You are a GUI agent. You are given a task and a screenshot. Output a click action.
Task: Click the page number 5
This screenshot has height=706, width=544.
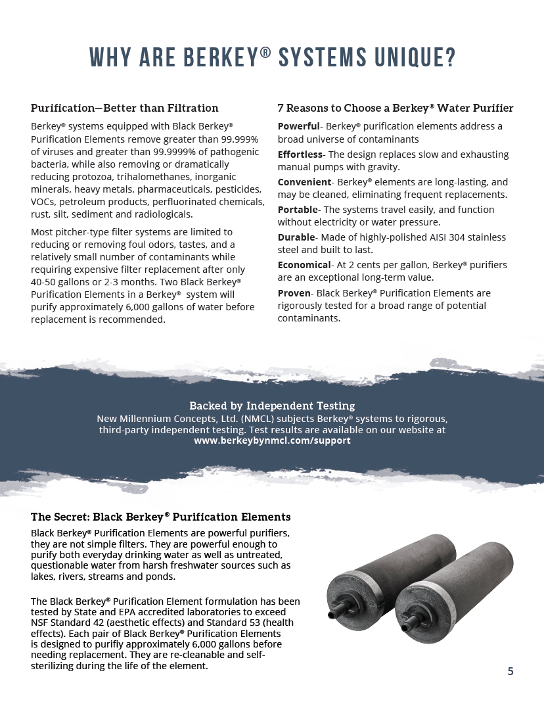click(x=510, y=671)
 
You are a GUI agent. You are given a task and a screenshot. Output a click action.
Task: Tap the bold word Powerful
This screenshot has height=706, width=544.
click(x=298, y=126)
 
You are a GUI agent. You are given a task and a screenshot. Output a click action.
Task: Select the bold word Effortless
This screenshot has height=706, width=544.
click(x=300, y=154)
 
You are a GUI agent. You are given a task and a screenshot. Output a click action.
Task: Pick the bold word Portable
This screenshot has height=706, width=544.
click(x=298, y=210)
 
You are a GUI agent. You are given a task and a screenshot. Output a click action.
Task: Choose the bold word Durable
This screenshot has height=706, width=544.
click(x=296, y=237)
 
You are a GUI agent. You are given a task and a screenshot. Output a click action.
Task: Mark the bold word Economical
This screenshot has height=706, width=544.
click(x=304, y=265)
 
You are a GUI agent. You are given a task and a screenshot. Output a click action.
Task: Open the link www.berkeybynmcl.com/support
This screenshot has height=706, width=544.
click(x=272, y=440)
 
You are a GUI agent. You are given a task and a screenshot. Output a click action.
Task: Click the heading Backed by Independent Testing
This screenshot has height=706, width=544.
click(x=272, y=406)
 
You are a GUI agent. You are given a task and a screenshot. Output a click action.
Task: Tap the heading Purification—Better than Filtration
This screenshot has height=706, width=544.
click(x=125, y=108)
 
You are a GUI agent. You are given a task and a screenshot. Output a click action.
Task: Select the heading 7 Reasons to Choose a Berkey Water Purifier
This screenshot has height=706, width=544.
click(x=395, y=108)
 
